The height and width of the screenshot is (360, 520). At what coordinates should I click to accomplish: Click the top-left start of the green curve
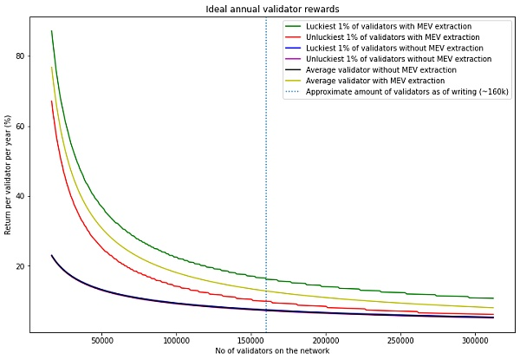pyautogui.click(x=51, y=31)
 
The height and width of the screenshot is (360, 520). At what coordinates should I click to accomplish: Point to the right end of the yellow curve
pyautogui.click(x=493, y=308)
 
